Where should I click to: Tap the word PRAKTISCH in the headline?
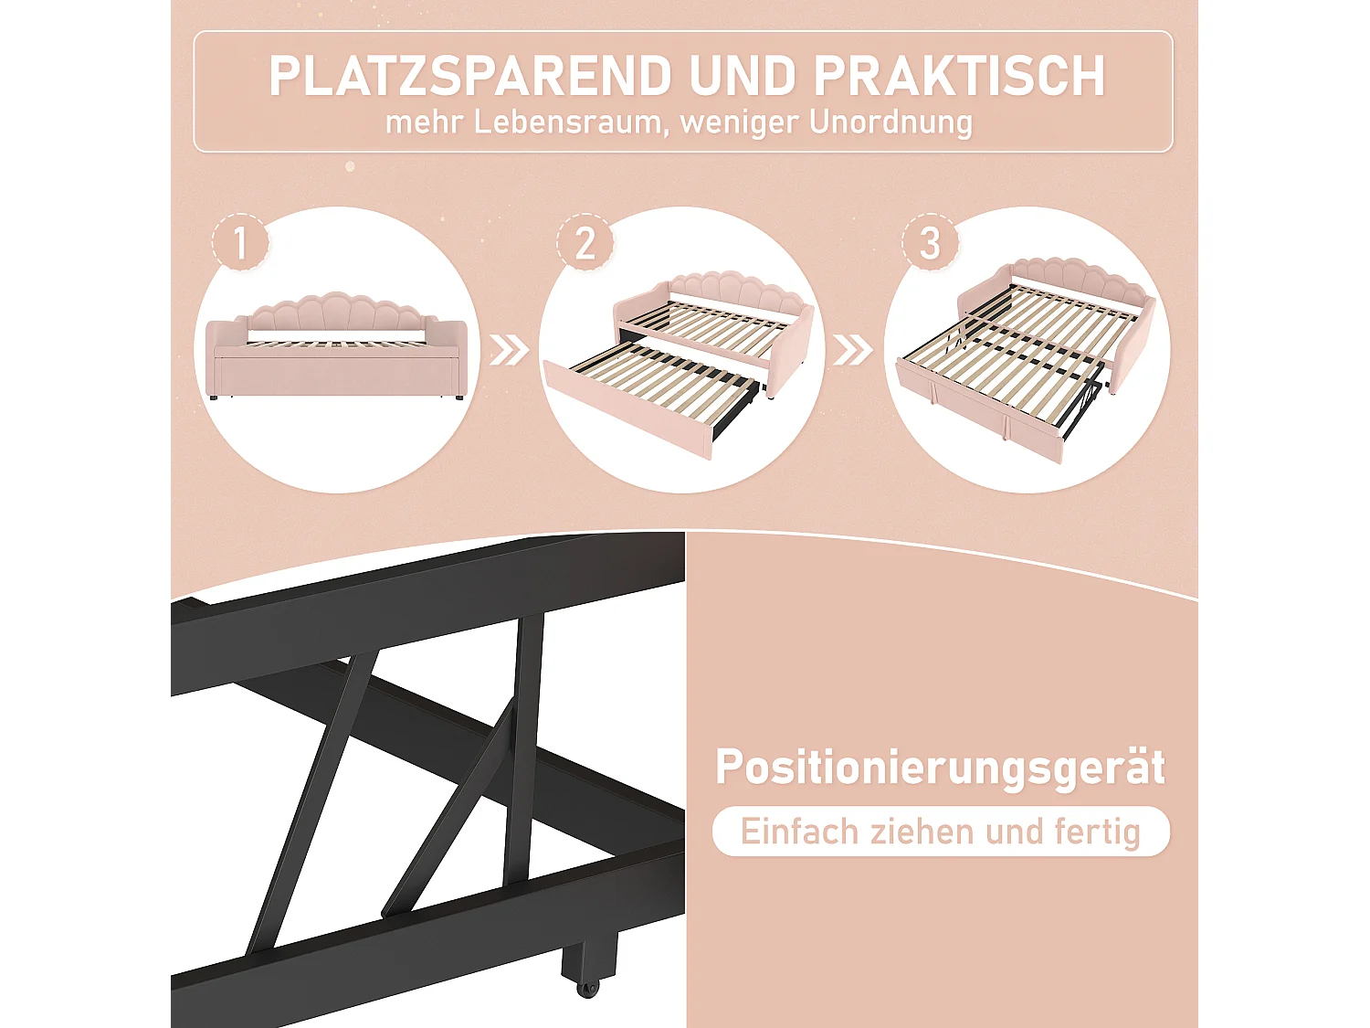tap(959, 76)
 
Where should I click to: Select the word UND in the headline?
tap(743, 76)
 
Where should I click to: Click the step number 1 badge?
tap(240, 243)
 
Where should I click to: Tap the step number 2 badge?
tap(585, 243)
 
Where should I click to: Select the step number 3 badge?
tap(930, 243)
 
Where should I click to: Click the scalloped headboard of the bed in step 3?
tap(1078, 273)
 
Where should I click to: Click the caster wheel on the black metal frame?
tap(587, 987)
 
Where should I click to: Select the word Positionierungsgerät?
tap(940, 767)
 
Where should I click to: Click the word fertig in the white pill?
tap(1097, 832)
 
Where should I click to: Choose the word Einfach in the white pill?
tap(799, 832)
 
